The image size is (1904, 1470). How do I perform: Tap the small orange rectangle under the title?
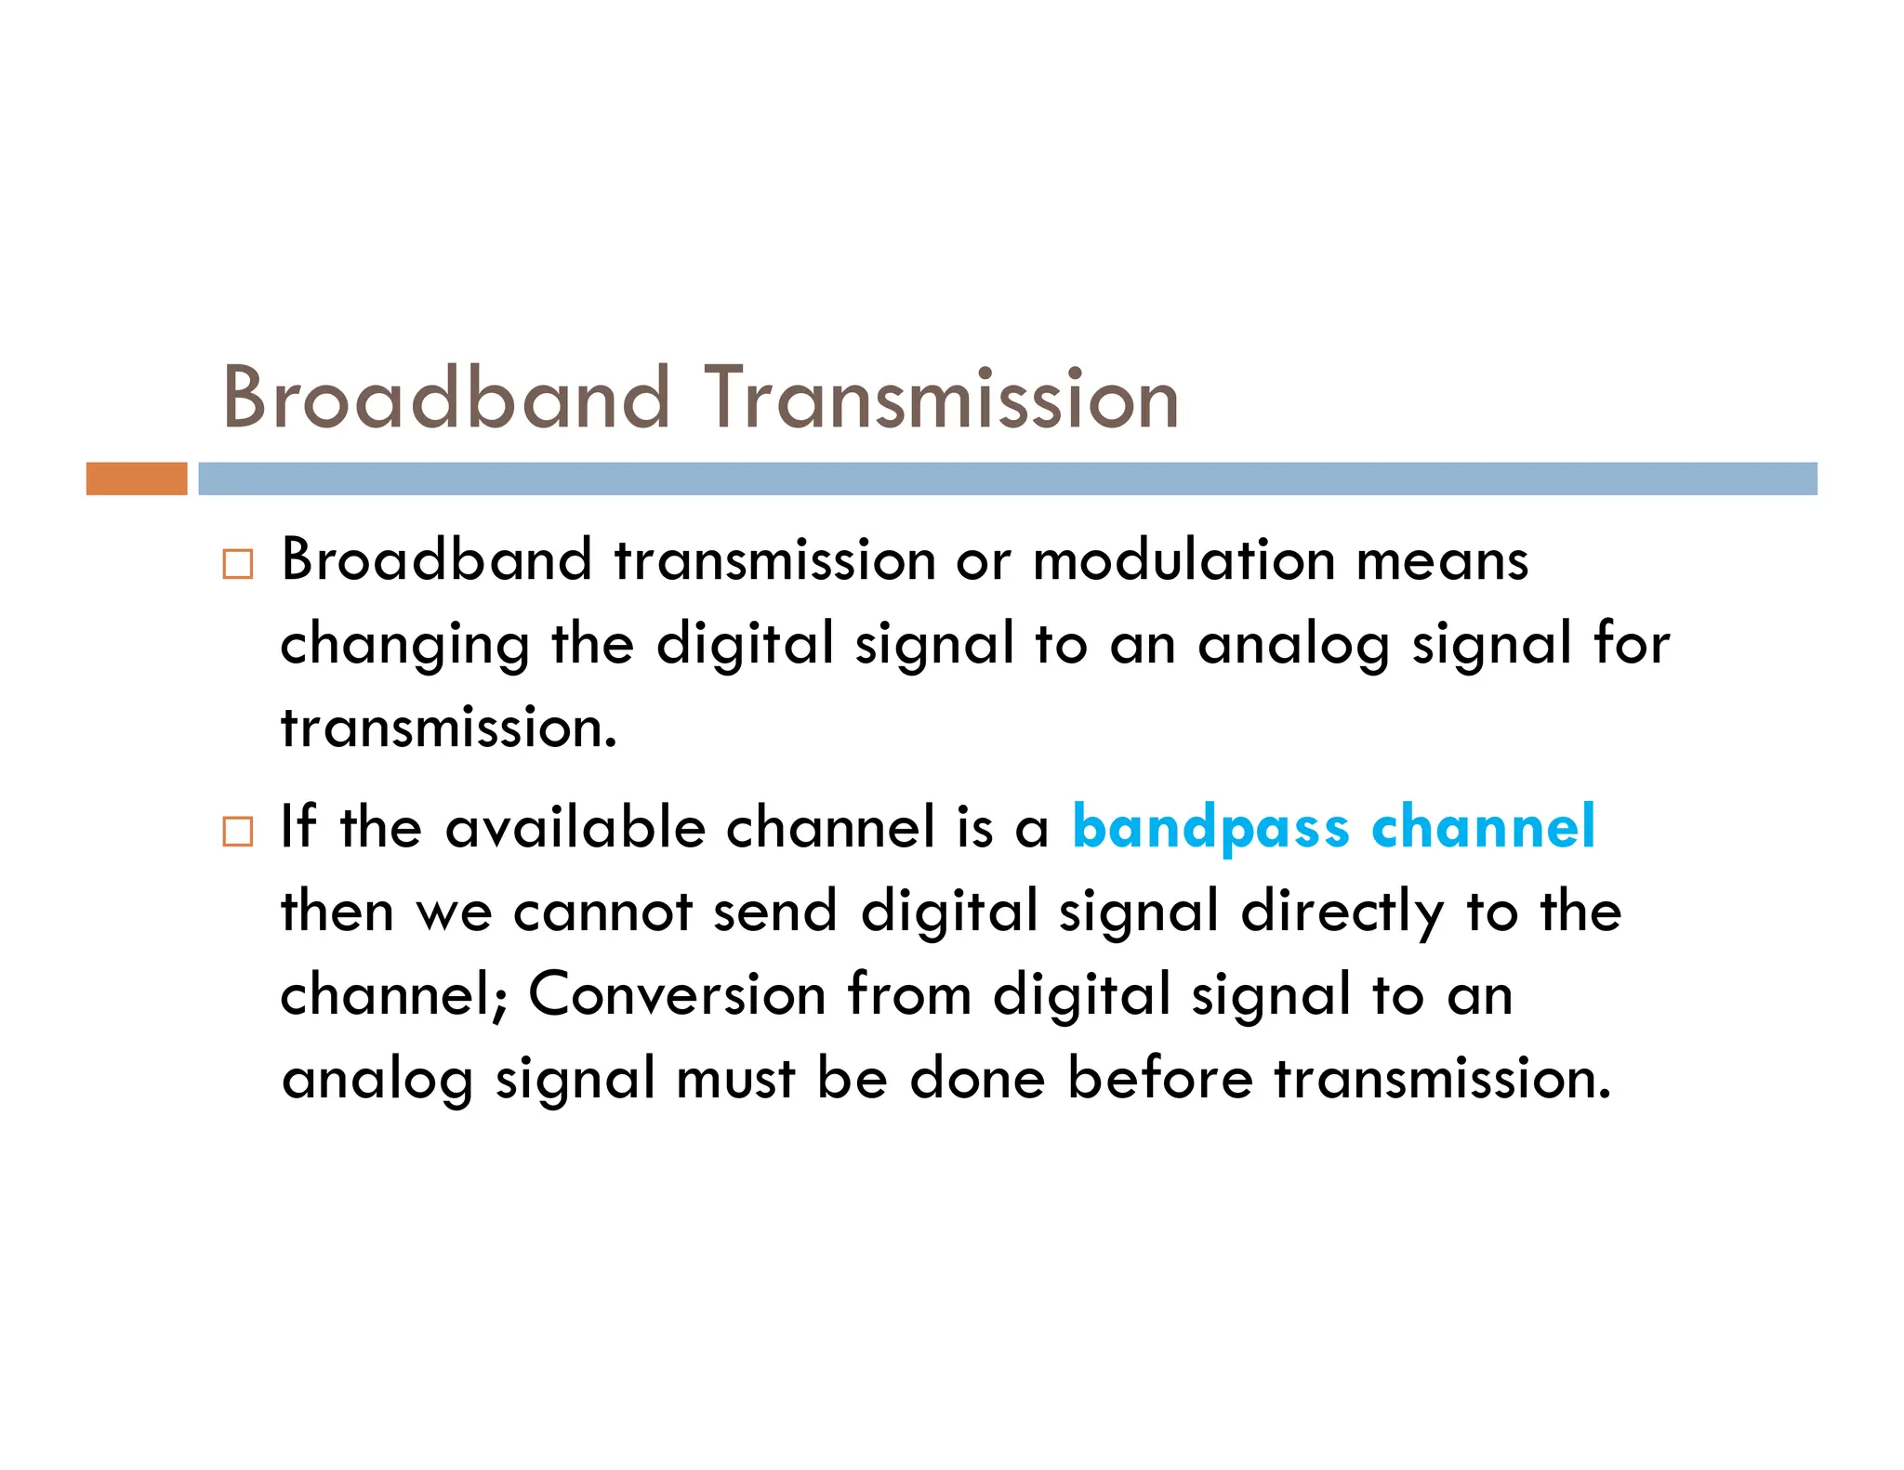point(137,479)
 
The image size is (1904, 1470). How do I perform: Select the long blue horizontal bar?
point(1007,479)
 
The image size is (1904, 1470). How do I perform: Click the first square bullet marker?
point(238,564)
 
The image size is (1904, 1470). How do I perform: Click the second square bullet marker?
point(238,831)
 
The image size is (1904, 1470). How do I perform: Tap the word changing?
point(405,645)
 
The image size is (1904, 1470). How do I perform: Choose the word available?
point(575,826)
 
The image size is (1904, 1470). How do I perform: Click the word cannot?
point(602,912)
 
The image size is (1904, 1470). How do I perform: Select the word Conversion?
point(677,994)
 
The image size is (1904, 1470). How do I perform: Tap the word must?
point(735,1079)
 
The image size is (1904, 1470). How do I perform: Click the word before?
point(1159,1078)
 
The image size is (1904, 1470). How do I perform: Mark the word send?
point(775,911)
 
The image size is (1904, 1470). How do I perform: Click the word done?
point(977,1078)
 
